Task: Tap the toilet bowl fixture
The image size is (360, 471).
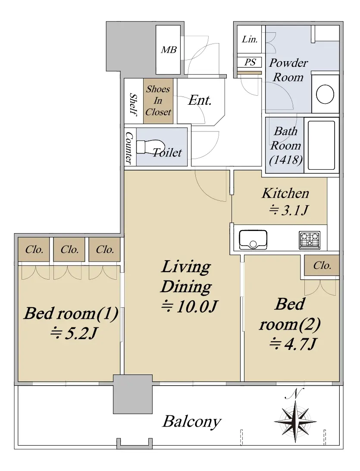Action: pos(150,147)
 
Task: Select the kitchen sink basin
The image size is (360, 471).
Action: pos(253,240)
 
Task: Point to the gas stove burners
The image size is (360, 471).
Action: pos(310,240)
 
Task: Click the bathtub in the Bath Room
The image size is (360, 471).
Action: pos(321,145)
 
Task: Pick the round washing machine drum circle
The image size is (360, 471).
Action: pos(325,94)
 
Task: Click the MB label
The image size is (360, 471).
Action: pos(169,50)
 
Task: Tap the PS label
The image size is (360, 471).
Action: pos(250,62)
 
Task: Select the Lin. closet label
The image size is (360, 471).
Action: pos(250,39)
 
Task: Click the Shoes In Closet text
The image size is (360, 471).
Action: pos(158,101)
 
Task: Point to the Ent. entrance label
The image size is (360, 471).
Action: pos(200,100)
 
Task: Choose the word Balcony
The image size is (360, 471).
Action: pos(192,422)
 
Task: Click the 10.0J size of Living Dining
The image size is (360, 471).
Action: pos(189,306)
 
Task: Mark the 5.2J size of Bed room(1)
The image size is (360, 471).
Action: pos(74,333)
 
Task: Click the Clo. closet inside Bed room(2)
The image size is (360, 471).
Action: pos(322,265)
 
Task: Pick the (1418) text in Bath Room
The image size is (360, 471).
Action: pos(285,159)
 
